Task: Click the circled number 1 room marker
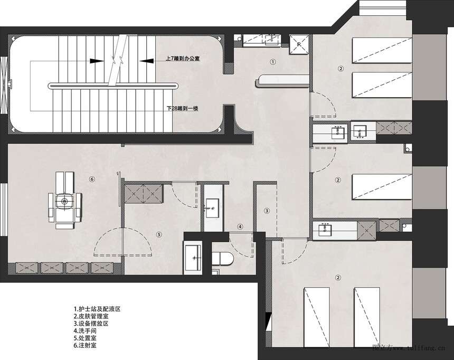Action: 272,61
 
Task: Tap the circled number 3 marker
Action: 267,211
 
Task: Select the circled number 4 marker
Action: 240,227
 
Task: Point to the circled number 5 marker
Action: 158,234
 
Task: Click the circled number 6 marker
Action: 92,179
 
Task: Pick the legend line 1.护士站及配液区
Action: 97,309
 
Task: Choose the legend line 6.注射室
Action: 85,345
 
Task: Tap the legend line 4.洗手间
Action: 85,331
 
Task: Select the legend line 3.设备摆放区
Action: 91,324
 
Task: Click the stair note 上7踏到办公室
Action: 183,59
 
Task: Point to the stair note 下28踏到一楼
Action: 183,109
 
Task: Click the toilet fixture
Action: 222,258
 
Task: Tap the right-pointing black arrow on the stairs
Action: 97,61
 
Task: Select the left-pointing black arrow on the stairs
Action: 147,61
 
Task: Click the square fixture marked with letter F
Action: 299,44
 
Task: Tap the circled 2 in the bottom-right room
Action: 338,278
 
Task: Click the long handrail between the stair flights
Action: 113,86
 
